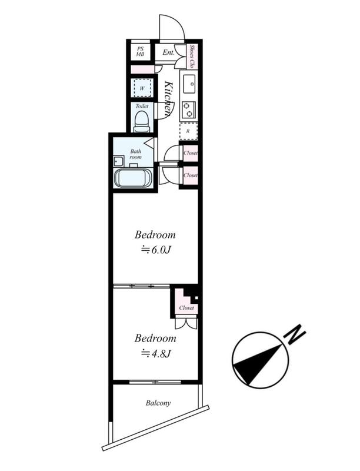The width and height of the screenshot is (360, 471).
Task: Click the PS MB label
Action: click(140, 52)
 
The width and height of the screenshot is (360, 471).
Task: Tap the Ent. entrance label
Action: click(169, 52)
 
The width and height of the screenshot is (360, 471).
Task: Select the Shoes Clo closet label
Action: click(192, 57)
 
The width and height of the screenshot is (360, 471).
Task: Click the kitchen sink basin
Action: click(189, 84)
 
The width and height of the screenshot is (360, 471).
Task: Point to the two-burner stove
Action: click(189, 109)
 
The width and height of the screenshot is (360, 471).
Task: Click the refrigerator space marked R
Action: click(188, 131)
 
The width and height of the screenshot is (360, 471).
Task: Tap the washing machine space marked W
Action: click(142, 88)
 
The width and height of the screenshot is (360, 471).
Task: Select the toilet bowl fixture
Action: click(142, 121)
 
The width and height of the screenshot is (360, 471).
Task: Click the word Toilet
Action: click(142, 106)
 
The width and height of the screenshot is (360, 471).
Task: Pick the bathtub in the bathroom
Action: click(134, 178)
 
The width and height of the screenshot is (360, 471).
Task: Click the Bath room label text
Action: click(136, 154)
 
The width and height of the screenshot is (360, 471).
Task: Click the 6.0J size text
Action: click(156, 250)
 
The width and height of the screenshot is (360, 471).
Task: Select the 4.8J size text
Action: click(156, 354)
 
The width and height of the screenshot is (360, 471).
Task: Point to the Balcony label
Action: click(158, 403)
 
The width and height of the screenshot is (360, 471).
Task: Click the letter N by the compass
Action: click(296, 334)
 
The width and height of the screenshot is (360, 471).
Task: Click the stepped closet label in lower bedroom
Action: click(186, 308)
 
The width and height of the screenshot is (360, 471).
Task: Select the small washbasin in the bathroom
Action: click(118, 161)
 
